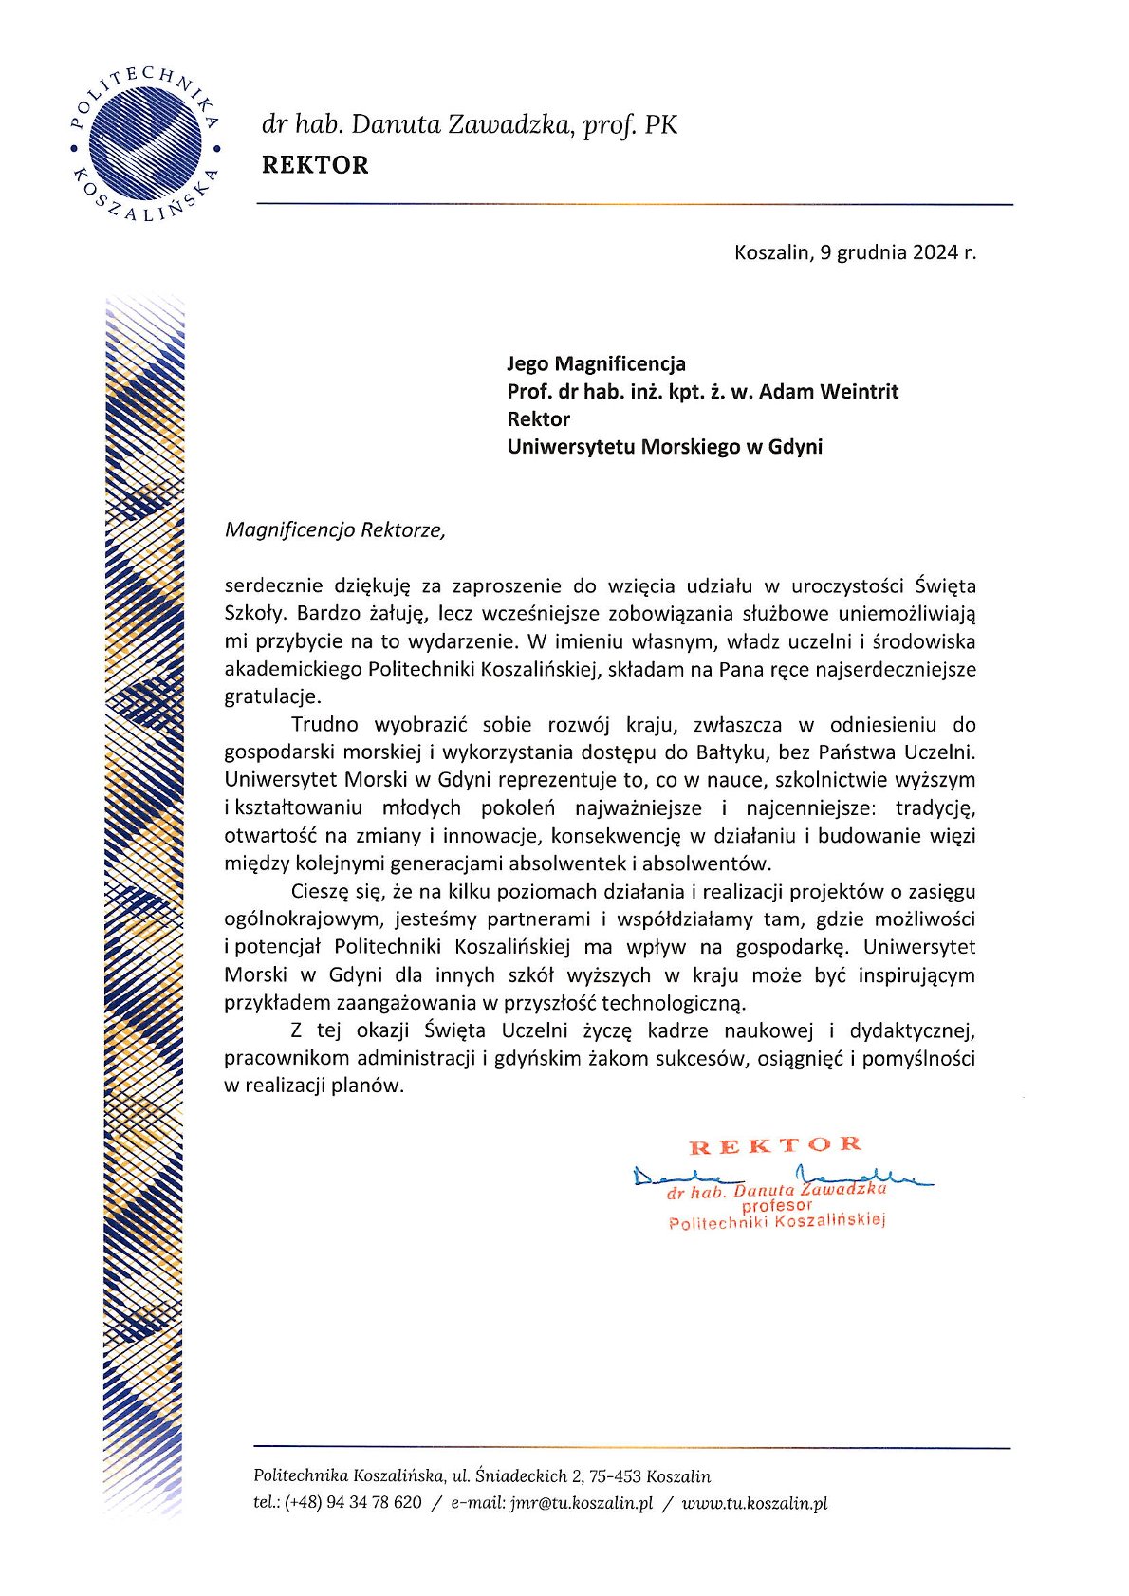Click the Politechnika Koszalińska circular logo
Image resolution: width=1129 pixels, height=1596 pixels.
click(145, 144)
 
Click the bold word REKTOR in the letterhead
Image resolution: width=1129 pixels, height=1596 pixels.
click(315, 165)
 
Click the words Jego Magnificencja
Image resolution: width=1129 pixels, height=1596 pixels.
click(596, 363)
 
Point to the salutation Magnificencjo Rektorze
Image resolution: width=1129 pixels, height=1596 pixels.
click(334, 529)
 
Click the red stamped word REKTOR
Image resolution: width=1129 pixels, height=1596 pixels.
click(775, 1145)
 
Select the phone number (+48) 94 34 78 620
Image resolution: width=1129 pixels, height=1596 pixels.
click(352, 1503)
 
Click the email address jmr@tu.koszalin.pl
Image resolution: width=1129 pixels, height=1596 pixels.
click(581, 1503)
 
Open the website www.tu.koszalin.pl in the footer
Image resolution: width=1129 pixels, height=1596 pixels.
click(754, 1503)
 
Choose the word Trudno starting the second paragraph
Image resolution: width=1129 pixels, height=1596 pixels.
click(324, 725)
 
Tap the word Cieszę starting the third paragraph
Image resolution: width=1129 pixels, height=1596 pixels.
click(322, 891)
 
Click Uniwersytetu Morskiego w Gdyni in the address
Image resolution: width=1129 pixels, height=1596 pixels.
click(664, 447)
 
